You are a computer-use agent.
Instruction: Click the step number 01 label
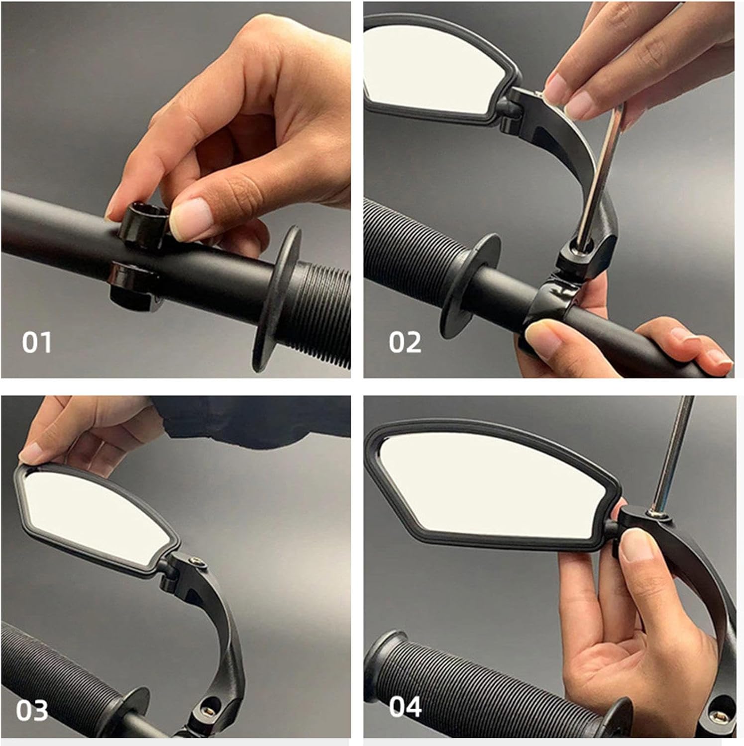[36, 343]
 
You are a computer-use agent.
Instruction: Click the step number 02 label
[405, 343]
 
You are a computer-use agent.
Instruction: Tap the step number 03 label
[32, 711]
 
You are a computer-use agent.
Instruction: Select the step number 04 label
[405, 707]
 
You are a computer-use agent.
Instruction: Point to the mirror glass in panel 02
[428, 70]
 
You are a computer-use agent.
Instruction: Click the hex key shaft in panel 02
[600, 169]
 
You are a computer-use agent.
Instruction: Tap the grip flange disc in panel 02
[470, 283]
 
